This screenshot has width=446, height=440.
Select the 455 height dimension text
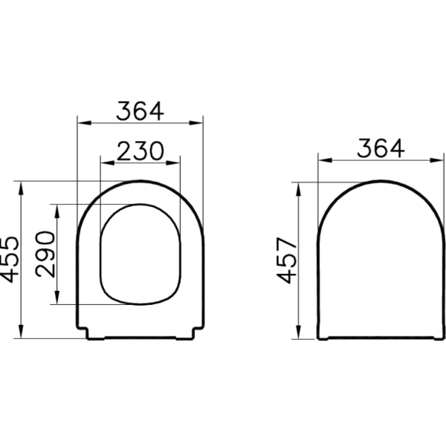pyautogui.click(x=10, y=259)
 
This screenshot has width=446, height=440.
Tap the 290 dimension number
pyautogui.click(x=45, y=254)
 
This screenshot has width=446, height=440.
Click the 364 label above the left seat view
pyautogui.click(x=139, y=110)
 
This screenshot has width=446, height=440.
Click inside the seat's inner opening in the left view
pyautogui.click(x=139, y=252)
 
